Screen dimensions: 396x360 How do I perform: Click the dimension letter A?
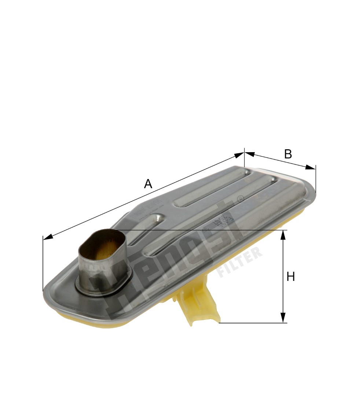[x=148, y=184]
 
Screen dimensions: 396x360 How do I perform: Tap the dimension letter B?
[x=288, y=154]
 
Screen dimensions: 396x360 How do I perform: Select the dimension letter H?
[x=290, y=277]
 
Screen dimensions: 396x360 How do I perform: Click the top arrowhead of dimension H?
[x=283, y=235]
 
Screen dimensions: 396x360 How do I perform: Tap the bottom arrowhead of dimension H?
[x=283, y=318]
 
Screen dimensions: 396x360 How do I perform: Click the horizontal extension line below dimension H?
[x=253, y=323]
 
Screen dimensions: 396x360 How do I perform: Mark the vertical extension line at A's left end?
[x=43, y=264]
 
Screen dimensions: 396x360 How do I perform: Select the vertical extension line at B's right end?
[x=316, y=180]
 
